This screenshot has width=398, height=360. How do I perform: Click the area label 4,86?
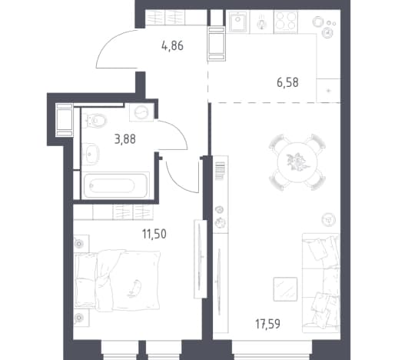point(172,46)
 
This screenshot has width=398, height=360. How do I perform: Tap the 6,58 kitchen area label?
point(287,82)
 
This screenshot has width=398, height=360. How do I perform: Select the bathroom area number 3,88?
point(125,139)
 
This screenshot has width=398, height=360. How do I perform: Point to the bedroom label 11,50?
point(154,234)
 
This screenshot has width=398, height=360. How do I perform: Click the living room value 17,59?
point(267,324)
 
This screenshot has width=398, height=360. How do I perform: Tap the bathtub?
point(115,185)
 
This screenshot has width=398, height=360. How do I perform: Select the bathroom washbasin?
point(90,154)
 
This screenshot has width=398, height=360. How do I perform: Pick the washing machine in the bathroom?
point(141,112)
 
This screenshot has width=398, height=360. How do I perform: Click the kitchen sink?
point(237,22)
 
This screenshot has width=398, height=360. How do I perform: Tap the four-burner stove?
point(286,22)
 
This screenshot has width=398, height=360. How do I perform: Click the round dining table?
point(297,162)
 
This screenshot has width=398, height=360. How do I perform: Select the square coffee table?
point(285,289)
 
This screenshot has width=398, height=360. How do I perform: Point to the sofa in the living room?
point(320,283)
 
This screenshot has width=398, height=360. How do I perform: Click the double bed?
point(117,280)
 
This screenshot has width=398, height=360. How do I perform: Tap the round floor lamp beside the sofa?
point(329,219)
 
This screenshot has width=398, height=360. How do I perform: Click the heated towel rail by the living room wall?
point(220,171)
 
